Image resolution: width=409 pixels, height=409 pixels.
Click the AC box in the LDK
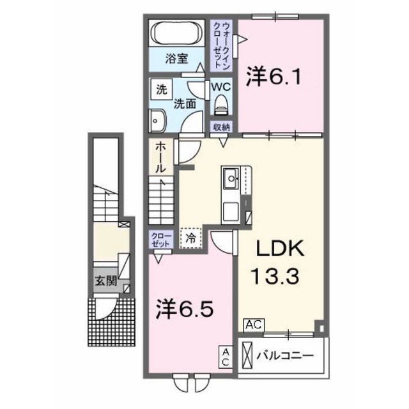click(252, 325)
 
